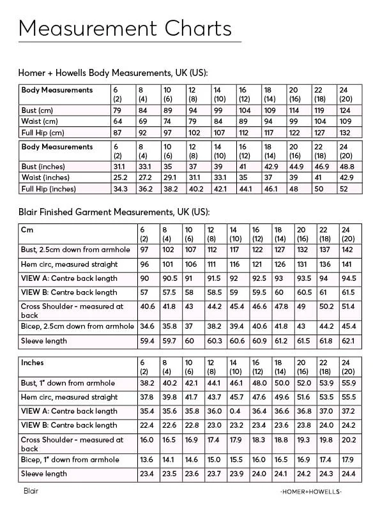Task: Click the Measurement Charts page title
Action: [x=125, y=28]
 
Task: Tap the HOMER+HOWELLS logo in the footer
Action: [x=311, y=492]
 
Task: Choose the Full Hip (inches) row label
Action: [x=49, y=189]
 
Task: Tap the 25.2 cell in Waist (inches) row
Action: [x=119, y=177]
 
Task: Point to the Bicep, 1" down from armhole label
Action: [x=70, y=460]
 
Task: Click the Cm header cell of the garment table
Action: [x=28, y=229]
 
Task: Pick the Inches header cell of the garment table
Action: [x=33, y=363]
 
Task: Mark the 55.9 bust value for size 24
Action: [x=349, y=384]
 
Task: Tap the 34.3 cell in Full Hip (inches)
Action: [x=119, y=189]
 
